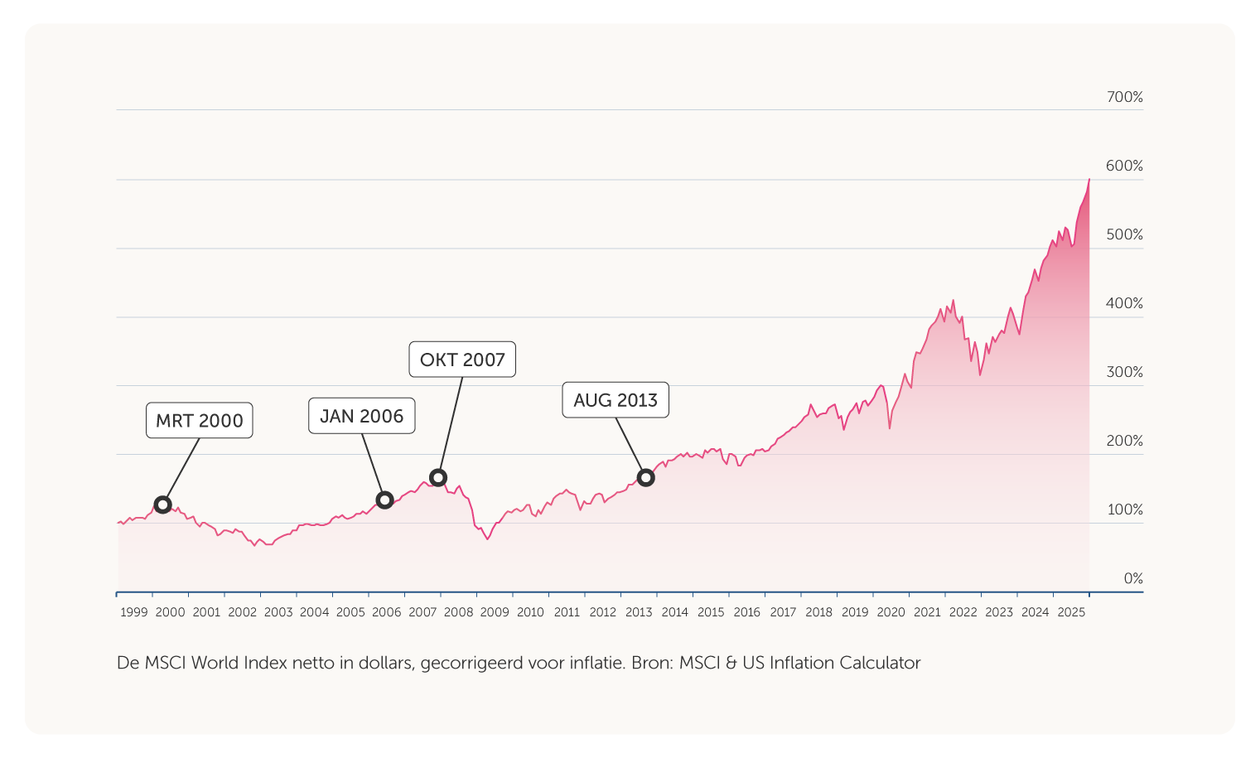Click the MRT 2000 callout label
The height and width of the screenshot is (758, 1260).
point(200,421)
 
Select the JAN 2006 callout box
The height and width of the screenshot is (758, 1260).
point(362,416)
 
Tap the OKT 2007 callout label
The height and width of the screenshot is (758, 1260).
point(462,360)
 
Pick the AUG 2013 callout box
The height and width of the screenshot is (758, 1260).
point(616,400)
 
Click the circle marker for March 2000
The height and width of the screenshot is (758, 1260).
point(163,505)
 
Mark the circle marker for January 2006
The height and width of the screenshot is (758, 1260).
point(384,500)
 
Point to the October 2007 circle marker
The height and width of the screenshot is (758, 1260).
point(438,477)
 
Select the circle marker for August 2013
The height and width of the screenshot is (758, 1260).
point(646,477)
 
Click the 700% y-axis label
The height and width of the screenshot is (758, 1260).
point(1124,98)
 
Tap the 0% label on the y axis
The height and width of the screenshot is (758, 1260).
point(1132,578)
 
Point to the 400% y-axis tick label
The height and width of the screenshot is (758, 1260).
point(1124,303)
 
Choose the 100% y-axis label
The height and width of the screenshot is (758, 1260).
point(1124,509)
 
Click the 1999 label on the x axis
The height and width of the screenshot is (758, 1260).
point(134,612)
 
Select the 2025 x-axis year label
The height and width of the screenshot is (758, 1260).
point(1071,612)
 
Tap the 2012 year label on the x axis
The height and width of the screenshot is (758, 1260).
point(603,612)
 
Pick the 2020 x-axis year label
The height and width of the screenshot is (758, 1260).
point(891,612)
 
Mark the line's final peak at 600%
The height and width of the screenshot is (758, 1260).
point(1089,180)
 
